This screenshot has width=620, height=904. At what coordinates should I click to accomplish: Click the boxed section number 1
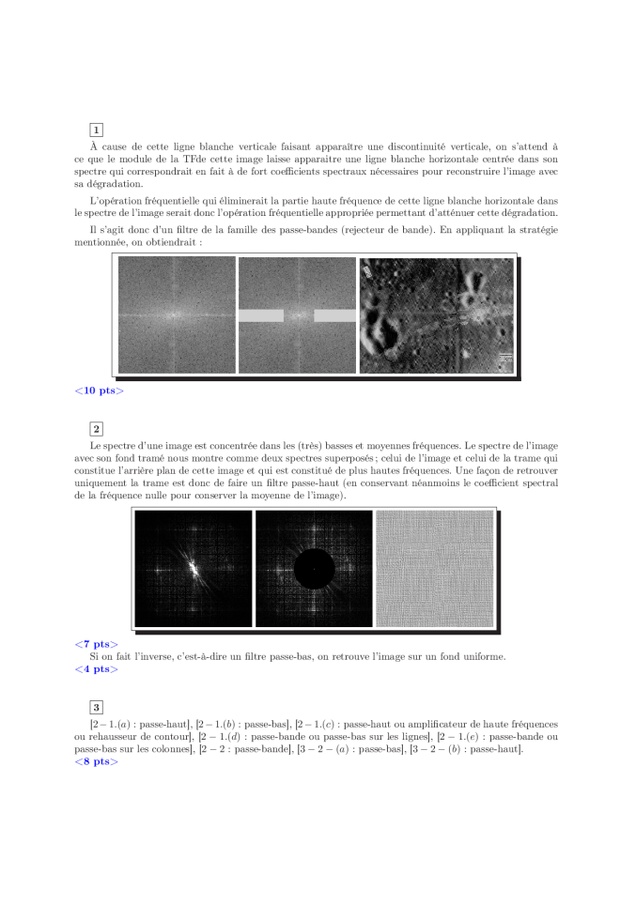pyautogui.click(x=97, y=129)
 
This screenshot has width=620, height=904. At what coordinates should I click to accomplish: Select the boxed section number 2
pyautogui.click(x=97, y=429)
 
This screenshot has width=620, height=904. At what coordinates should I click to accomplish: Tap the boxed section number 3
pyautogui.click(x=97, y=707)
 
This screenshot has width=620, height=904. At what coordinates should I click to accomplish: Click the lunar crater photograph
pyautogui.click(x=437, y=315)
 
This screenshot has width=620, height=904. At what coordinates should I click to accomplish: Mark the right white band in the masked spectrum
pyautogui.click(x=334, y=316)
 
